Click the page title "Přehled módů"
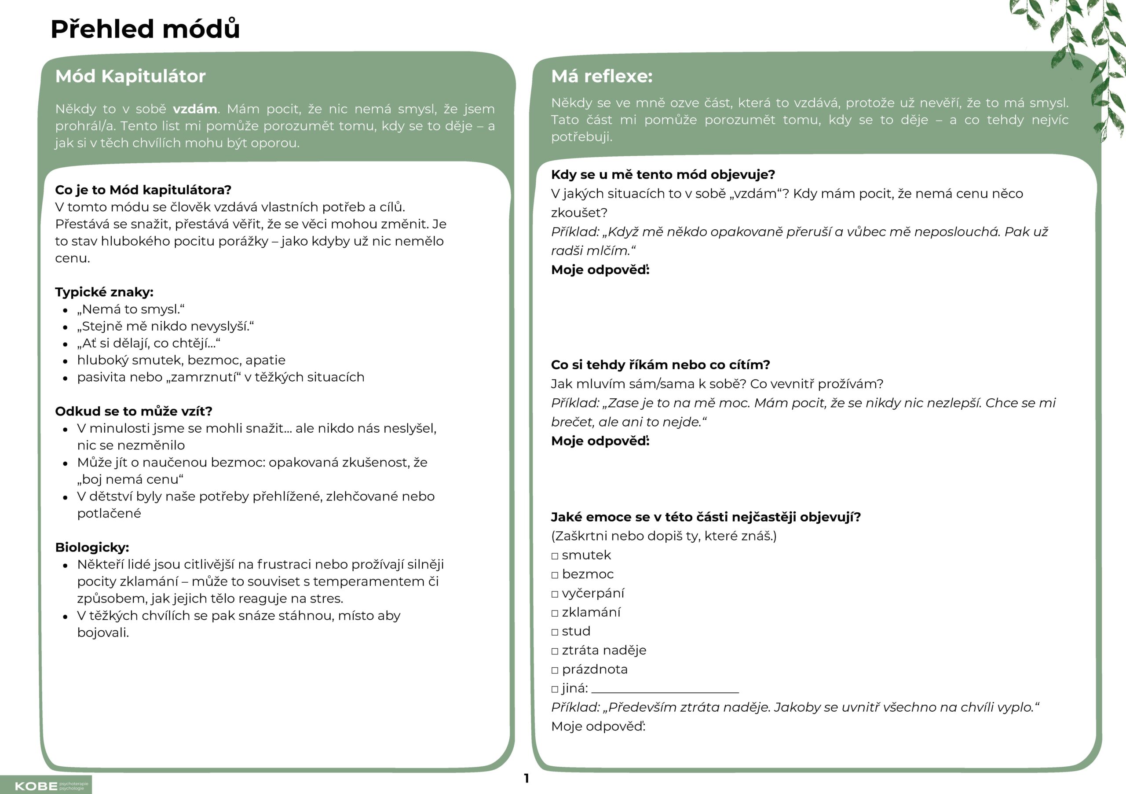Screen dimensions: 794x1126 (145, 29)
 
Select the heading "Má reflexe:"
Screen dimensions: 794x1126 (602, 77)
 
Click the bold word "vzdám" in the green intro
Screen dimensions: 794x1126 (195, 109)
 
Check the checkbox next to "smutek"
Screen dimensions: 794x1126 (555, 556)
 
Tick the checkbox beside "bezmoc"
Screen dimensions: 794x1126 (555, 575)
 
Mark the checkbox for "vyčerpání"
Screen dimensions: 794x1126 (555, 594)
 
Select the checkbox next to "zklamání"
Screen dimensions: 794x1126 (555, 614)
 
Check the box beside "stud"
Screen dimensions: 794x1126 (555, 632)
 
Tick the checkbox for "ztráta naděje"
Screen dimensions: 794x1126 (555, 651)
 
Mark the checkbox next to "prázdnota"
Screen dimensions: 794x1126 (555, 670)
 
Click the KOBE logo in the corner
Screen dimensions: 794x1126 (46, 786)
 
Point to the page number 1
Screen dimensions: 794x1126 (526, 778)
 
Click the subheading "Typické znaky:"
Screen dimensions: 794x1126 (104, 292)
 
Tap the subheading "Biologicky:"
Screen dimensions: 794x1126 (92, 547)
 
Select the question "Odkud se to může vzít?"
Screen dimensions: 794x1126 (133, 411)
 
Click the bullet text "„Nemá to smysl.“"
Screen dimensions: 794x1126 (131, 309)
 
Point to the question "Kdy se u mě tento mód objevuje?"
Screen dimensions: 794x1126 (662, 175)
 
